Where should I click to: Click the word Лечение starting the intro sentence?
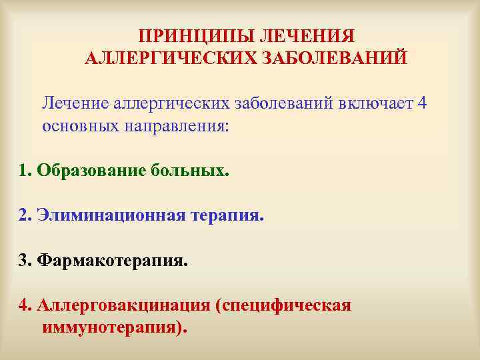75,103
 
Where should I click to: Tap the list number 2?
25,215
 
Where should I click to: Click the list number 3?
25,260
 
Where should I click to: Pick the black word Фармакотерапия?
113,260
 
